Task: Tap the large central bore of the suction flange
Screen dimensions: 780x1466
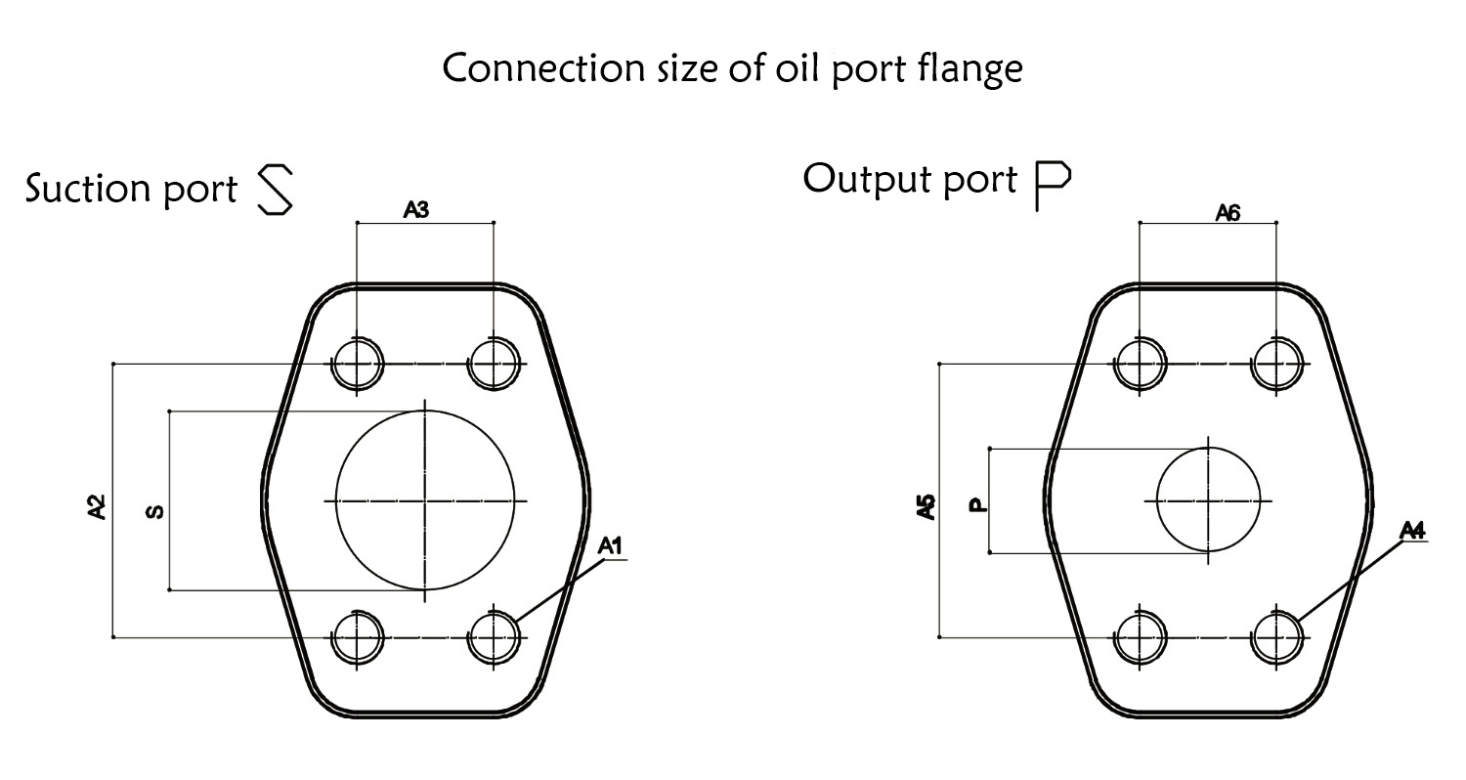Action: [425, 500]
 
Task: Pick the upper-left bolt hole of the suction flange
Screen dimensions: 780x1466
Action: [358, 364]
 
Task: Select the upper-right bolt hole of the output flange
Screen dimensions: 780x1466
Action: [1276, 364]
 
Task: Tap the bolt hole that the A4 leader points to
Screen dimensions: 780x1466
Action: [1276, 637]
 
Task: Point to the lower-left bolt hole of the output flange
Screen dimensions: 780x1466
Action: [1141, 637]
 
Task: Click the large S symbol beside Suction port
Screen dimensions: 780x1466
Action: [274, 190]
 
